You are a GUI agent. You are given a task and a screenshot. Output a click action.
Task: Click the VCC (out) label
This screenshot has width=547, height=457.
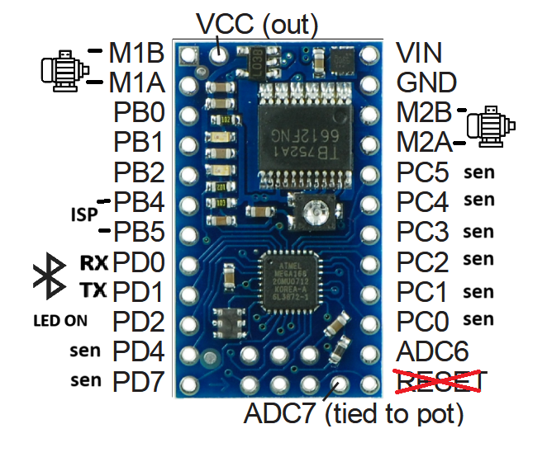point(245,23)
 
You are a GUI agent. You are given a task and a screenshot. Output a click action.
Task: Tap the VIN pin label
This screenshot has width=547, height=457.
point(419,54)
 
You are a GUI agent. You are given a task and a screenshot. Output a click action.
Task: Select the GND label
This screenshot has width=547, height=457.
point(426,82)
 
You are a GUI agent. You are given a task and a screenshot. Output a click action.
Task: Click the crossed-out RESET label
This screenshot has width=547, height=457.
point(442,383)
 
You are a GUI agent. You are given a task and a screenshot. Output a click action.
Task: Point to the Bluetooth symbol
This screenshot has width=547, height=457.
point(49,277)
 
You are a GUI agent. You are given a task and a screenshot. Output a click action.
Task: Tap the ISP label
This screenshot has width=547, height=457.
point(82,214)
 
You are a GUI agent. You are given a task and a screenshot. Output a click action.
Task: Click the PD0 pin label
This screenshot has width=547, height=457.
point(139,263)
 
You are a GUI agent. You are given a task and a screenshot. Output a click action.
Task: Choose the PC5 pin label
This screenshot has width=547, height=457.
point(422,173)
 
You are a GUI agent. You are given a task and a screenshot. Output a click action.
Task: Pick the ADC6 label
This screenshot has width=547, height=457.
point(432,351)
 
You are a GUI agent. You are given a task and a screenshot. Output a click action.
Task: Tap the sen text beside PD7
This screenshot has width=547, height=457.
point(85,380)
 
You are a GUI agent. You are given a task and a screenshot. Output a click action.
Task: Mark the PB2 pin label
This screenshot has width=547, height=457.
point(138,173)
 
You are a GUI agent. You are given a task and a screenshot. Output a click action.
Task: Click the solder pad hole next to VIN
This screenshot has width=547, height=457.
point(369,55)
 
